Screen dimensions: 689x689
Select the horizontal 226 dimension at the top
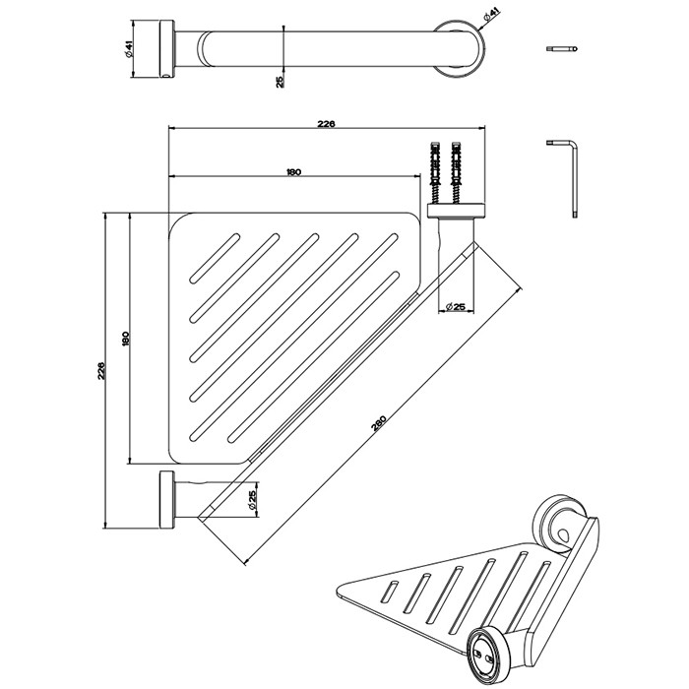coord(326,124)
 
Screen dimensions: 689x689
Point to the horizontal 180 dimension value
coord(292,172)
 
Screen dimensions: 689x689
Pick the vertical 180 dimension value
coord(124,338)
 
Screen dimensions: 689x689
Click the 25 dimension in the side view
coord(280,82)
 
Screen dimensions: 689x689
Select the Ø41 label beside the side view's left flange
coord(129,50)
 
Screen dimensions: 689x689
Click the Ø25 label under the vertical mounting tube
coord(455,307)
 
